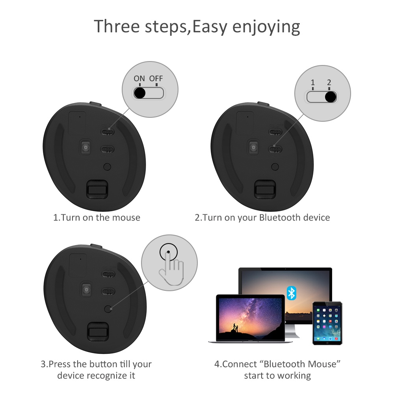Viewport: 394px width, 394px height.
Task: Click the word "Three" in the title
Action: (x=117, y=26)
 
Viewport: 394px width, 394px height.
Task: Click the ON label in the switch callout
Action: (x=139, y=78)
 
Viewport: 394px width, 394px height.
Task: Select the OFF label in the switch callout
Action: (x=156, y=78)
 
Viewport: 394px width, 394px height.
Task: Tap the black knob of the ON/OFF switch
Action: (x=140, y=93)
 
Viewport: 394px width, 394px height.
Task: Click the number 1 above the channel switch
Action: (x=313, y=82)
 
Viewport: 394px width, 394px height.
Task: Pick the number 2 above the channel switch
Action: (x=329, y=82)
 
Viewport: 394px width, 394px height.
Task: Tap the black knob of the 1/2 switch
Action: (x=331, y=97)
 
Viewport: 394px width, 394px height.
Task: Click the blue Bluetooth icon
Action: (x=292, y=293)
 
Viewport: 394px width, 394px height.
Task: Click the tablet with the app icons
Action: (x=327, y=323)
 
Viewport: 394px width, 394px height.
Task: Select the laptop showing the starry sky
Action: (x=250, y=319)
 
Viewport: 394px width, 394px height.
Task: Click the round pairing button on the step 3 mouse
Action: (x=108, y=309)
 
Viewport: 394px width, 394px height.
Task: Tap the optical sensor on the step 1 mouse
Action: (x=85, y=147)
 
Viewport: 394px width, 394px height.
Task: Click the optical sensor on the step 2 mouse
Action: (x=253, y=147)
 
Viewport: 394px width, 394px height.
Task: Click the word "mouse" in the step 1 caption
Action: (x=126, y=217)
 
